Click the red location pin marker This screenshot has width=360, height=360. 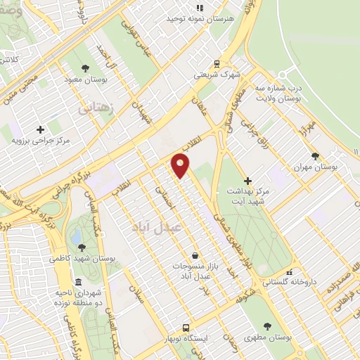(181, 166)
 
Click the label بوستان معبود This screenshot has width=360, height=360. (84, 79)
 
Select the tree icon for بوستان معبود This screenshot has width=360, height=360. (84, 68)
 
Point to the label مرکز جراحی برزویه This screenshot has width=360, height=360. (40, 140)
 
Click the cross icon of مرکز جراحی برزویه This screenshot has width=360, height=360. (40, 129)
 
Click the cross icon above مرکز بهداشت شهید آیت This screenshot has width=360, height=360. (247, 181)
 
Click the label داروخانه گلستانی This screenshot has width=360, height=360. (289, 283)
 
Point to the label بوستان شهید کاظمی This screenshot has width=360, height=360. (82, 259)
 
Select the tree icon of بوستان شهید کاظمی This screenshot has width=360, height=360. (82, 247)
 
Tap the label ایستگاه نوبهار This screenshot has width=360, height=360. (186, 338)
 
